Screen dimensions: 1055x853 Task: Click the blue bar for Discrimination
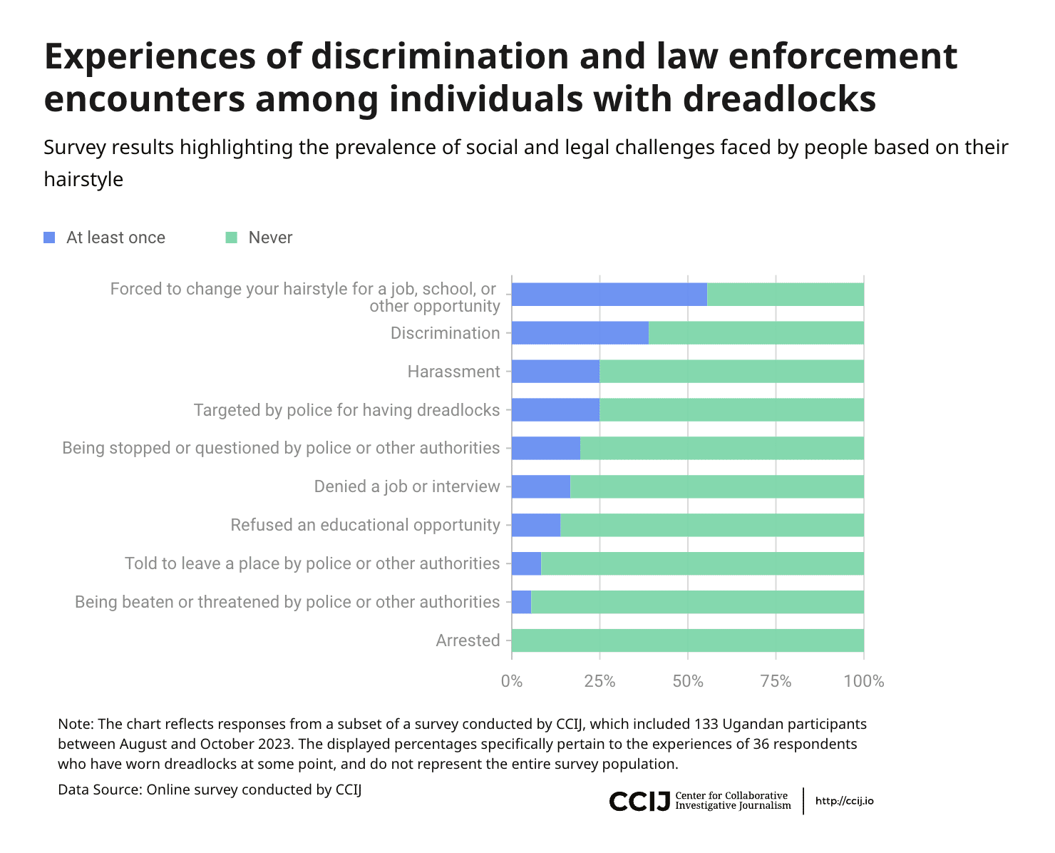tap(580, 332)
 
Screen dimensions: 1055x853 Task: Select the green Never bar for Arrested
tap(687, 640)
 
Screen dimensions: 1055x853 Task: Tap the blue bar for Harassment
tap(555, 372)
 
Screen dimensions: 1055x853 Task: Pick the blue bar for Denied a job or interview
tap(541, 486)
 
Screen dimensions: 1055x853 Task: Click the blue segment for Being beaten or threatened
tap(521, 602)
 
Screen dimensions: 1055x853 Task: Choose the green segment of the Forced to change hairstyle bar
tap(786, 295)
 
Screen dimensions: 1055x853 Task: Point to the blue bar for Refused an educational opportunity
tap(536, 525)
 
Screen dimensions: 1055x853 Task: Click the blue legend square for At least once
tap(49, 237)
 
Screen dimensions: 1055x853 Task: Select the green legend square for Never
tap(231, 237)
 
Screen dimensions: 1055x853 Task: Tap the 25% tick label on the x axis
tap(599, 681)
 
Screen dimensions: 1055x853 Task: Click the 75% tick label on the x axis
tap(776, 681)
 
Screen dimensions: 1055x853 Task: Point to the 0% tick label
tap(512, 681)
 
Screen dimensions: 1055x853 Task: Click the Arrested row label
tap(468, 640)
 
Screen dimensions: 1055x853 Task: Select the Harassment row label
tap(453, 372)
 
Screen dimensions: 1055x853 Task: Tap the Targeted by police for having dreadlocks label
tap(346, 410)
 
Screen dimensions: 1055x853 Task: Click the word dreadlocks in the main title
tap(780, 98)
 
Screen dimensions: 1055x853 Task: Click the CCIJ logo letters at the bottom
tap(639, 801)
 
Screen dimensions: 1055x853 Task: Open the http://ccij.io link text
tap(845, 801)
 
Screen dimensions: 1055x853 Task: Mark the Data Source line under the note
tap(210, 790)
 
